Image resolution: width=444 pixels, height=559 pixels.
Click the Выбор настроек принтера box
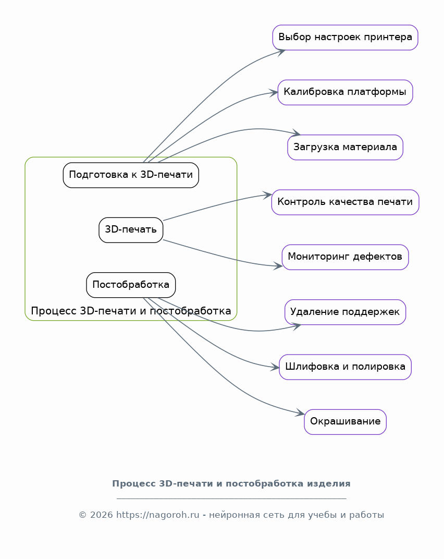tap(345, 38)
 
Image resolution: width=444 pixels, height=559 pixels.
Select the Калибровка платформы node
tap(345, 92)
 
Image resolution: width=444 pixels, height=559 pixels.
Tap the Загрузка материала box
tap(345, 147)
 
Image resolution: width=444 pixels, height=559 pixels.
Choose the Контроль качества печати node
tap(345, 202)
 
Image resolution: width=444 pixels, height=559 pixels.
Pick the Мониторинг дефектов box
tap(345, 257)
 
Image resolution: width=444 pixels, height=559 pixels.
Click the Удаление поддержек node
tap(345, 312)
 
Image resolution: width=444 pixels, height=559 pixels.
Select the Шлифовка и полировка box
tap(345, 367)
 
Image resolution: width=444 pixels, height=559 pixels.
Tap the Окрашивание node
tap(345, 422)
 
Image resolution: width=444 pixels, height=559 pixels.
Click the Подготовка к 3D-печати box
tap(131, 175)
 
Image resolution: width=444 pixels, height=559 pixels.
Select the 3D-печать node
tap(131, 230)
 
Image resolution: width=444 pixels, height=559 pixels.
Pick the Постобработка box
tap(131, 285)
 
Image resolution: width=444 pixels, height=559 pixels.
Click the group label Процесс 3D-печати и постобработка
tap(131, 311)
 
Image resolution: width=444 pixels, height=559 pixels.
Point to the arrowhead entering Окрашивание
tap(301, 414)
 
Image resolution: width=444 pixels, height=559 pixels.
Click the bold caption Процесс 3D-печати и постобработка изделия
tap(231, 483)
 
